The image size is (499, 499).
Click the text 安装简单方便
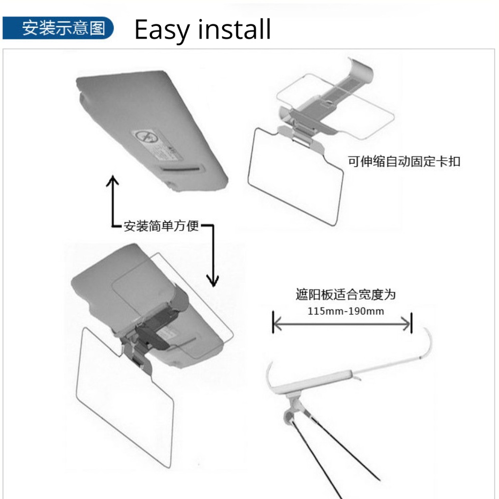pyautogui.click(x=161, y=226)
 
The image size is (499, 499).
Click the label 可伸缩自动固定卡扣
pyautogui.click(x=403, y=161)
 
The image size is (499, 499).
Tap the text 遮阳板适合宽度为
pyautogui.click(x=345, y=295)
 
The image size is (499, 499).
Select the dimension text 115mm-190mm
pyautogui.click(x=345, y=311)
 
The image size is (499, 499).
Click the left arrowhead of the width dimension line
pyautogui.click(x=277, y=323)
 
